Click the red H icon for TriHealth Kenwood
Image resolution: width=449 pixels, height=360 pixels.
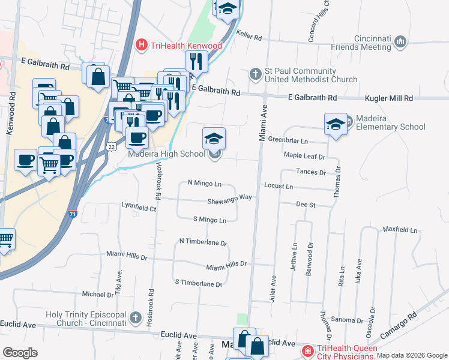click(142, 44)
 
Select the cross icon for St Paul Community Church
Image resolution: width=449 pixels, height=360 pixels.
click(255, 74)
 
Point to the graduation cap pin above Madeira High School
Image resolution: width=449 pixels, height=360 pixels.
click(214, 140)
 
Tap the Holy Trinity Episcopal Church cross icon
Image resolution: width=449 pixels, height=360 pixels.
click(136, 316)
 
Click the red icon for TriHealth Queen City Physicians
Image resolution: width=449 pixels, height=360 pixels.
click(307, 350)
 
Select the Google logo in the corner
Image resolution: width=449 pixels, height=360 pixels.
click(20, 352)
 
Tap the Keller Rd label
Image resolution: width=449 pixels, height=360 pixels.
click(250, 37)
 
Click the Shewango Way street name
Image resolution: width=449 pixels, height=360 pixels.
click(229, 198)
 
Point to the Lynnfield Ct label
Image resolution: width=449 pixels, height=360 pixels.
click(139, 208)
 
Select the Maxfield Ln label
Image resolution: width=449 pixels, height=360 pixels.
click(400, 230)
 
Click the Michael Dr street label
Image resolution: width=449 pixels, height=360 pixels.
click(98, 294)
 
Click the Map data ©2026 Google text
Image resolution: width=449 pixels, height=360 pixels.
click(412, 355)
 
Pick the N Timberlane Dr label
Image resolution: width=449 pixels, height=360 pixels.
click(203, 242)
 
